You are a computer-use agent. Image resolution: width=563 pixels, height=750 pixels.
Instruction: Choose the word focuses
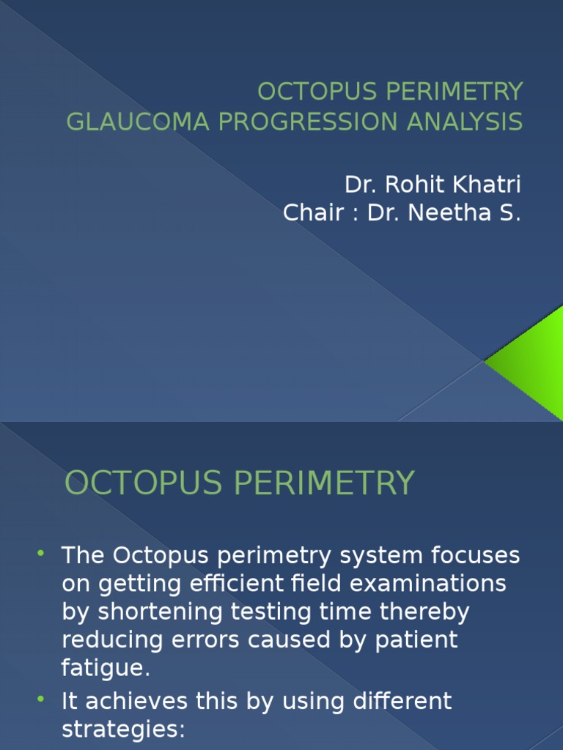(479, 556)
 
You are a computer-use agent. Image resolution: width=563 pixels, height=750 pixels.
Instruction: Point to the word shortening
(157, 612)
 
